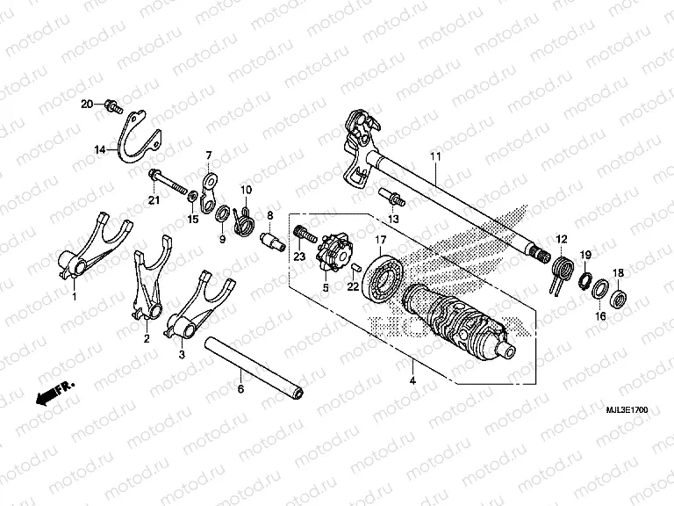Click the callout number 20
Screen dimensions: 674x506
coord(87,105)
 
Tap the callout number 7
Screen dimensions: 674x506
coord(209,155)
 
